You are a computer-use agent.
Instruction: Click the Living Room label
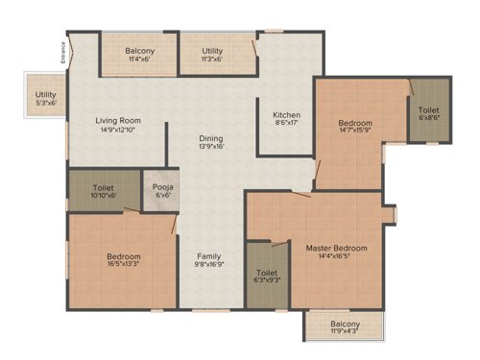click(118, 121)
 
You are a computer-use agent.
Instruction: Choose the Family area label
click(210, 256)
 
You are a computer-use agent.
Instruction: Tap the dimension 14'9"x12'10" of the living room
click(118, 131)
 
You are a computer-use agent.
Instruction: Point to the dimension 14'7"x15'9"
click(354, 133)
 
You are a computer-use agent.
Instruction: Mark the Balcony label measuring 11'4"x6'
click(140, 50)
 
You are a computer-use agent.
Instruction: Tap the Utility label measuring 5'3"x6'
click(45, 95)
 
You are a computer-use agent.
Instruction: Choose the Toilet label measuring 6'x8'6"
click(428, 109)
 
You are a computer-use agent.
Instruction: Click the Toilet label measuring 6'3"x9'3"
click(268, 274)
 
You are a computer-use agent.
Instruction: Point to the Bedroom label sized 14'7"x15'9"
click(354, 124)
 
